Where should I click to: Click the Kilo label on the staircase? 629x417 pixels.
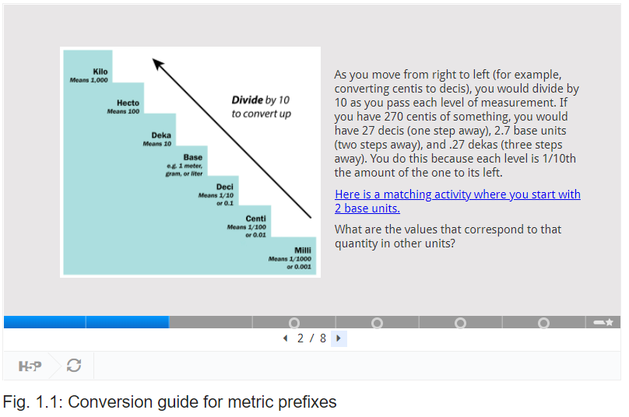click(100, 72)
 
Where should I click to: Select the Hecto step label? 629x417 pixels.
click(128, 103)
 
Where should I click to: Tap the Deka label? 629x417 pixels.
click(161, 135)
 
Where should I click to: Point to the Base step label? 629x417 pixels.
click(193, 157)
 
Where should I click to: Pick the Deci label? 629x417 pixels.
click(225, 187)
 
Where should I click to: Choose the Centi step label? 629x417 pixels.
click(256, 219)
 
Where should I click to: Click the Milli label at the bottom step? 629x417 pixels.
click(303, 251)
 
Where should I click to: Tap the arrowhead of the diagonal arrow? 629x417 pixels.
click(158, 64)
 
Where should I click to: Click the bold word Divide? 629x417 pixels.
click(247, 100)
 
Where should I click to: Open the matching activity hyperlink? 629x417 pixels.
click(457, 201)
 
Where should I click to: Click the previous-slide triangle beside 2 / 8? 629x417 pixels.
click(286, 338)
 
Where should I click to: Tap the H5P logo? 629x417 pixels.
click(30, 366)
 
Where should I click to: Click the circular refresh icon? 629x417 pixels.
click(74, 366)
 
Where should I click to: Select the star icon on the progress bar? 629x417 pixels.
click(610, 322)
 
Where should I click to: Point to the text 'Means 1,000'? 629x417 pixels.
click(89, 80)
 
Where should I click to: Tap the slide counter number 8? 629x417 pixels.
click(323, 338)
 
